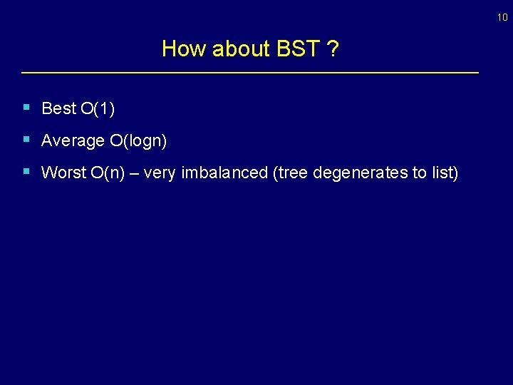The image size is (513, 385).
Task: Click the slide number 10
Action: [x=503, y=18]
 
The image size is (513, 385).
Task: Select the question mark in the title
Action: [x=333, y=48]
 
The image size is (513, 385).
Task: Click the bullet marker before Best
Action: [x=26, y=108]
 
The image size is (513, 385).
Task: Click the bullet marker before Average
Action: [x=26, y=140]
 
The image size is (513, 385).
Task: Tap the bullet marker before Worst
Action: [x=26, y=172]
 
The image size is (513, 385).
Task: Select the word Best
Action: [x=58, y=108]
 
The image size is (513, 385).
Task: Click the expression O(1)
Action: [x=98, y=108]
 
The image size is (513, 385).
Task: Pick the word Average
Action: [x=73, y=141]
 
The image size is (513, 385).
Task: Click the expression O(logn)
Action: [x=138, y=141]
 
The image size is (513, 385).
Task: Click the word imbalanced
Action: [x=224, y=173]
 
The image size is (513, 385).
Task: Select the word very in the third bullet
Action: [x=160, y=173]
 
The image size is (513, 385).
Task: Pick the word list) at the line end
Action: [x=442, y=173]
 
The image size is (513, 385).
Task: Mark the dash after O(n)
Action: [x=133, y=173]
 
